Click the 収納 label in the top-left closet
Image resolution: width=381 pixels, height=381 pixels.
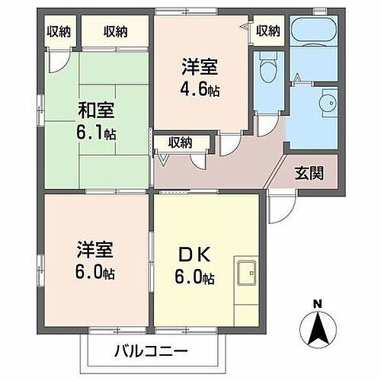pyautogui.click(x=59, y=31)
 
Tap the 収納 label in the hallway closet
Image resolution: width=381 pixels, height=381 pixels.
pyautogui.click(x=180, y=141)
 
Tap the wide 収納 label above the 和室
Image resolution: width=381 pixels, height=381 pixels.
pyautogui.click(x=116, y=31)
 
